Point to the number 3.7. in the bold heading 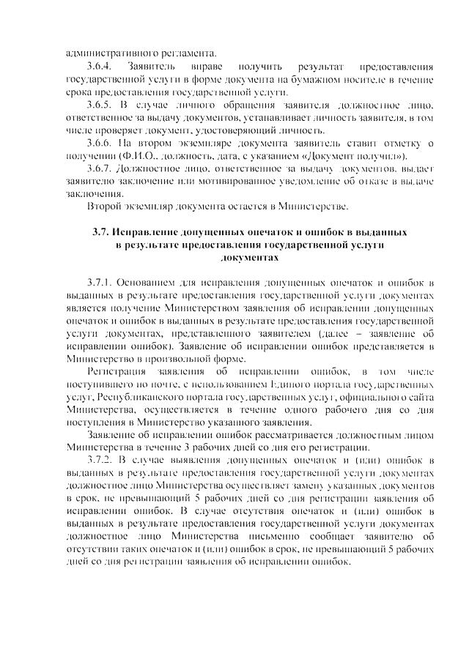tap(102, 232)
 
